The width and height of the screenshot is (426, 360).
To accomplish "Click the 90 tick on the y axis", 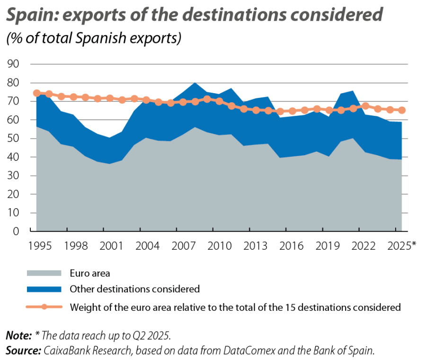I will (x=13, y=64).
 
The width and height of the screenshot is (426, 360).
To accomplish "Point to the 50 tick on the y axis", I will (x=13, y=139).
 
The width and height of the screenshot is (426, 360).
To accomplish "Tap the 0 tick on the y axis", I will (x=16, y=232).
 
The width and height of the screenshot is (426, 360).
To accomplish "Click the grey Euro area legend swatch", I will (x=44, y=273).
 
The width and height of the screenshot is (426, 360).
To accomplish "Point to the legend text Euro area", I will (x=90, y=273).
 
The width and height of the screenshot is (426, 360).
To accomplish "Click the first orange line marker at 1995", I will (x=36, y=93).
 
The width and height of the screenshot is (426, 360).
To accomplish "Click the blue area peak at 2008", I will (x=194, y=83).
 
